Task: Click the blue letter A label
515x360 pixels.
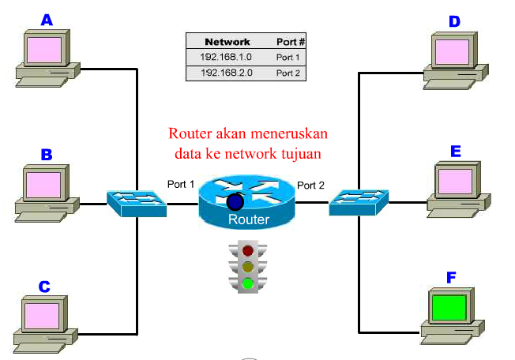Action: (47, 20)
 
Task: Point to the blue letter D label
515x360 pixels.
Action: (454, 21)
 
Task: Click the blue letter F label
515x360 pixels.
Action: (452, 277)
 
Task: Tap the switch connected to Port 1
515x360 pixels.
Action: (137, 203)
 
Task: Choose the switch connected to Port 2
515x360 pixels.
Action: (359, 203)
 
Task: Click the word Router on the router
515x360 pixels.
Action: (249, 220)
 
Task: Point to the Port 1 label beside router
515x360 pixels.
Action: (181, 184)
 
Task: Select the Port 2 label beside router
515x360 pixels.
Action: (311, 186)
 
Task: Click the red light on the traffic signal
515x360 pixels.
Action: (249, 252)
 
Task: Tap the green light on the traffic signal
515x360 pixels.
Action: (249, 283)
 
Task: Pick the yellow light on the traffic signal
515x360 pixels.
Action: (249, 268)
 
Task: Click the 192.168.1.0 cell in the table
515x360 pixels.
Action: (227, 57)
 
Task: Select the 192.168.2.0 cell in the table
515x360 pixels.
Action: (227, 73)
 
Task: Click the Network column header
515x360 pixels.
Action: (227, 41)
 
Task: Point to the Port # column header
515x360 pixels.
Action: (290, 41)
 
